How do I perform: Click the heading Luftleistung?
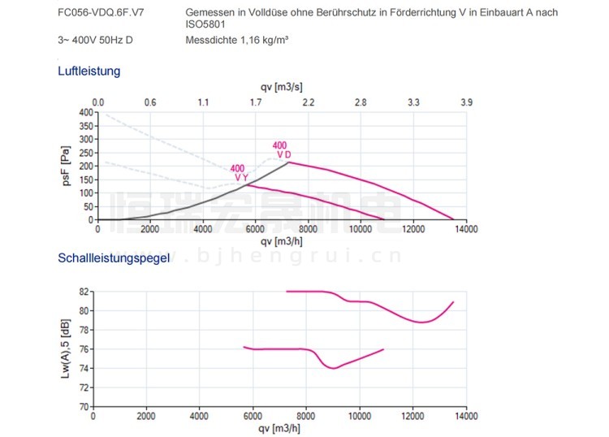(x=89, y=71)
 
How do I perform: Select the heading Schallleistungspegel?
(x=114, y=259)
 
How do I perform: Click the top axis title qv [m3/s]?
(x=281, y=87)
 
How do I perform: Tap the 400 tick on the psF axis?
(x=86, y=112)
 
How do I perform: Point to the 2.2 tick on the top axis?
(x=309, y=102)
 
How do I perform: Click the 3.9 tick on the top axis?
(x=466, y=102)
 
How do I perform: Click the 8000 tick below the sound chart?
(x=306, y=416)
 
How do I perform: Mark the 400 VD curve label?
(x=282, y=150)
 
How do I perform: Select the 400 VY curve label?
(x=240, y=173)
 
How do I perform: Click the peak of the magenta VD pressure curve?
(x=289, y=162)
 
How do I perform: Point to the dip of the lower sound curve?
(x=333, y=368)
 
